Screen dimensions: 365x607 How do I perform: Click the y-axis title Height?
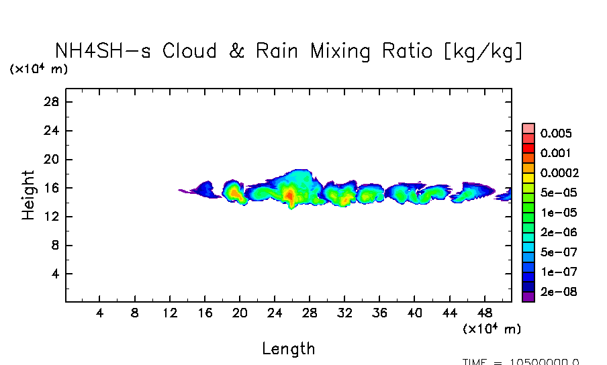(28, 195)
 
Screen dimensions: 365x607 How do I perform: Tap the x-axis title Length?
(288, 348)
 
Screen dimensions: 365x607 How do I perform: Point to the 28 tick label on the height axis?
(52, 102)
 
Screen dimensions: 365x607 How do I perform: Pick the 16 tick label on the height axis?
(52, 188)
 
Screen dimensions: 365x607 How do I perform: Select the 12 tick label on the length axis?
(170, 313)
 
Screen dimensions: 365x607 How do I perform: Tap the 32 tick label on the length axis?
(344, 313)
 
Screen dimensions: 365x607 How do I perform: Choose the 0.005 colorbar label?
(557, 134)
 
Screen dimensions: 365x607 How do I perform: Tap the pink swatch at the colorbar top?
(528, 128)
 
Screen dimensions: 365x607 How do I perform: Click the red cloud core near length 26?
(289, 195)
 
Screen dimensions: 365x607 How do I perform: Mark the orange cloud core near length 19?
(234, 193)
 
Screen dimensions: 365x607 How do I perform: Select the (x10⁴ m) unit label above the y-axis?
(38, 69)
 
